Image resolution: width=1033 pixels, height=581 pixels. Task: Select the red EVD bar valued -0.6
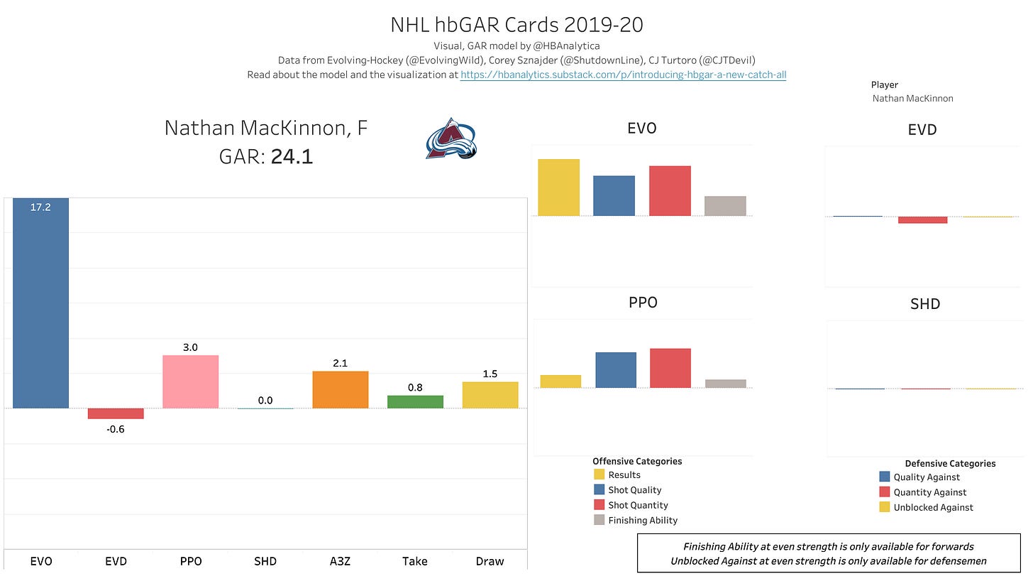(116, 413)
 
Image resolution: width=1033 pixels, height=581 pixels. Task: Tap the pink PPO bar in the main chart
(190, 381)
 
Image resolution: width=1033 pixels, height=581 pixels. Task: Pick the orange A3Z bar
(340, 389)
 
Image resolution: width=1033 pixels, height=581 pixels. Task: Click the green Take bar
(415, 401)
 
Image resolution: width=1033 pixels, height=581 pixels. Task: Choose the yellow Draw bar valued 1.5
(490, 395)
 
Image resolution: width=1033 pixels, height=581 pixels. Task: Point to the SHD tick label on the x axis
(265, 561)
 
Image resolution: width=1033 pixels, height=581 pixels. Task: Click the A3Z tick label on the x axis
(340, 561)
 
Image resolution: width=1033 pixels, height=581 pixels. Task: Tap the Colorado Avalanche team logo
(451, 139)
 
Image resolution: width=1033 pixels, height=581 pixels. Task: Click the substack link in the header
(623, 74)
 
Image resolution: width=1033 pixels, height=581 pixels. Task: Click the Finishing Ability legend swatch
(599, 521)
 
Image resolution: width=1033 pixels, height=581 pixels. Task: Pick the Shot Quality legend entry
(634, 490)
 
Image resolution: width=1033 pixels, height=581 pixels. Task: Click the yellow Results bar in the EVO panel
(559, 188)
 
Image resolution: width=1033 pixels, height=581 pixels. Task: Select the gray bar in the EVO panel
(725, 206)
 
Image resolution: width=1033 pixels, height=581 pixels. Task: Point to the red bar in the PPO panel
(670, 368)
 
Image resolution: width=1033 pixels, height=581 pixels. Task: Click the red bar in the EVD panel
(922, 220)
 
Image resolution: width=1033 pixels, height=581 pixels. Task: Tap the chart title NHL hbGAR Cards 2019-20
(516, 25)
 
